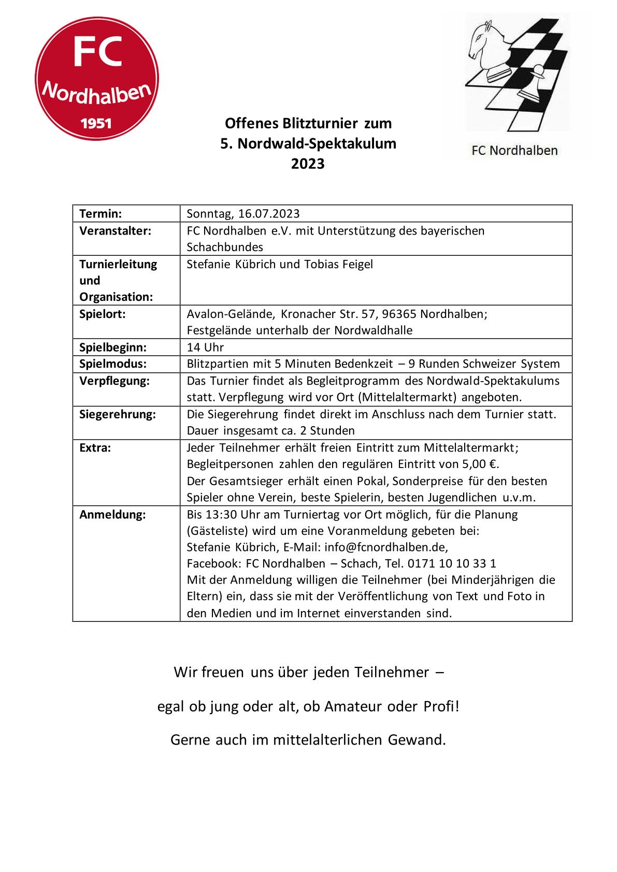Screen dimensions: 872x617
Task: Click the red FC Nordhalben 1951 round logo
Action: click(x=97, y=79)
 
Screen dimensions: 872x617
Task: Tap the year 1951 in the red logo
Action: click(x=96, y=123)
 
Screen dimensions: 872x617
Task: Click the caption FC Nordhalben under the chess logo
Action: click(x=514, y=151)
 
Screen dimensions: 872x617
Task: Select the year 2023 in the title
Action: click(x=308, y=164)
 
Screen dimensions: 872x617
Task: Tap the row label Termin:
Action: click(x=101, y=213)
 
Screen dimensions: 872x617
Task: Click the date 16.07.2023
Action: click(x=269, y=213)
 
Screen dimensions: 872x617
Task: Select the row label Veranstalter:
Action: click(x=115, y=230)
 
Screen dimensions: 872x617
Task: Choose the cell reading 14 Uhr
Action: click(x=205, y=347)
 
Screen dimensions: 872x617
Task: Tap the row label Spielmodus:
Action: click(x=113, y=364)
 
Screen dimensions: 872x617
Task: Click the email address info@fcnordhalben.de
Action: click(x=386, y=547)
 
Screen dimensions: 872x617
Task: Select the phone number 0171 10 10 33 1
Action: click(x=452, y=563)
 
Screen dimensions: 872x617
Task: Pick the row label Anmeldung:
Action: click(x=112, y=514)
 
